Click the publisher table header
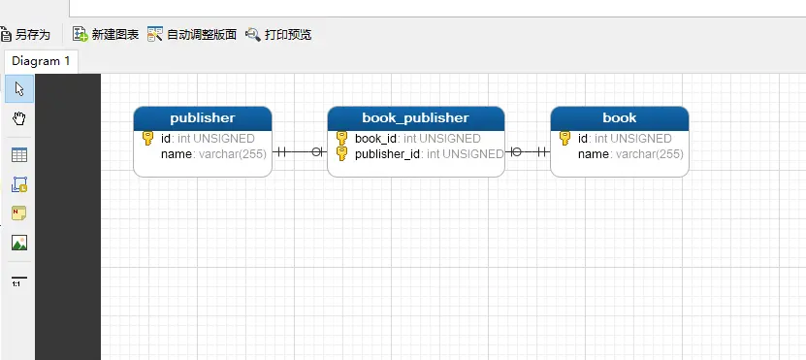(202, 117)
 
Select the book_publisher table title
(415, 117)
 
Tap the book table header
(619, 117)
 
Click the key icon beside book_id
(341, 139)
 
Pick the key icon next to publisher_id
(341, 153)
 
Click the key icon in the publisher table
(147, 139)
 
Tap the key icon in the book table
(564, 139)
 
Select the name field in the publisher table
(177, 154)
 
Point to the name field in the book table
(594, 154)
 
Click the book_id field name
(376, 139)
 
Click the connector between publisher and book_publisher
(300, 152)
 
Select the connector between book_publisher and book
(527, 152)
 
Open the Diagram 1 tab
(41, 61)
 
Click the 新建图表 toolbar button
(106, 34)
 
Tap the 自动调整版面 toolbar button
(192, 34)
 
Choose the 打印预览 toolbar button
(278, 34)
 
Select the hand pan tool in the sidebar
(18, 118)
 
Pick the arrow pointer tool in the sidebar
(18, 89)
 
